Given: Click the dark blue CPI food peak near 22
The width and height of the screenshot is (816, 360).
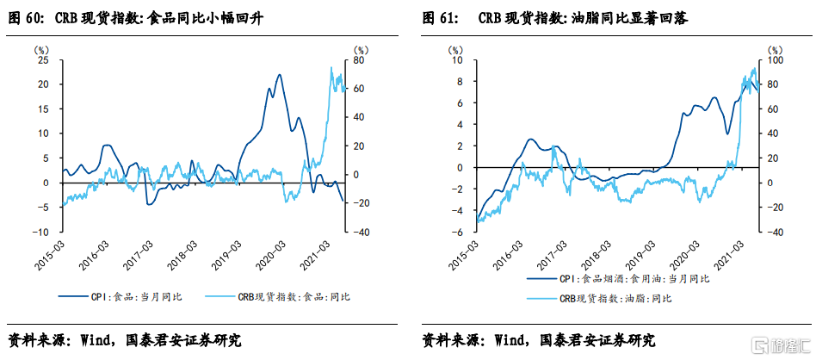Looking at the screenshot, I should (280, 74).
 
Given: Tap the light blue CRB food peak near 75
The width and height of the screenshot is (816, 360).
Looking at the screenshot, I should (331, 67).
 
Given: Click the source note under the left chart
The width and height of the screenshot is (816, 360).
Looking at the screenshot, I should (125, 339).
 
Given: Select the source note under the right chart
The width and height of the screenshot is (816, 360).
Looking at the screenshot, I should (539, 339).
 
